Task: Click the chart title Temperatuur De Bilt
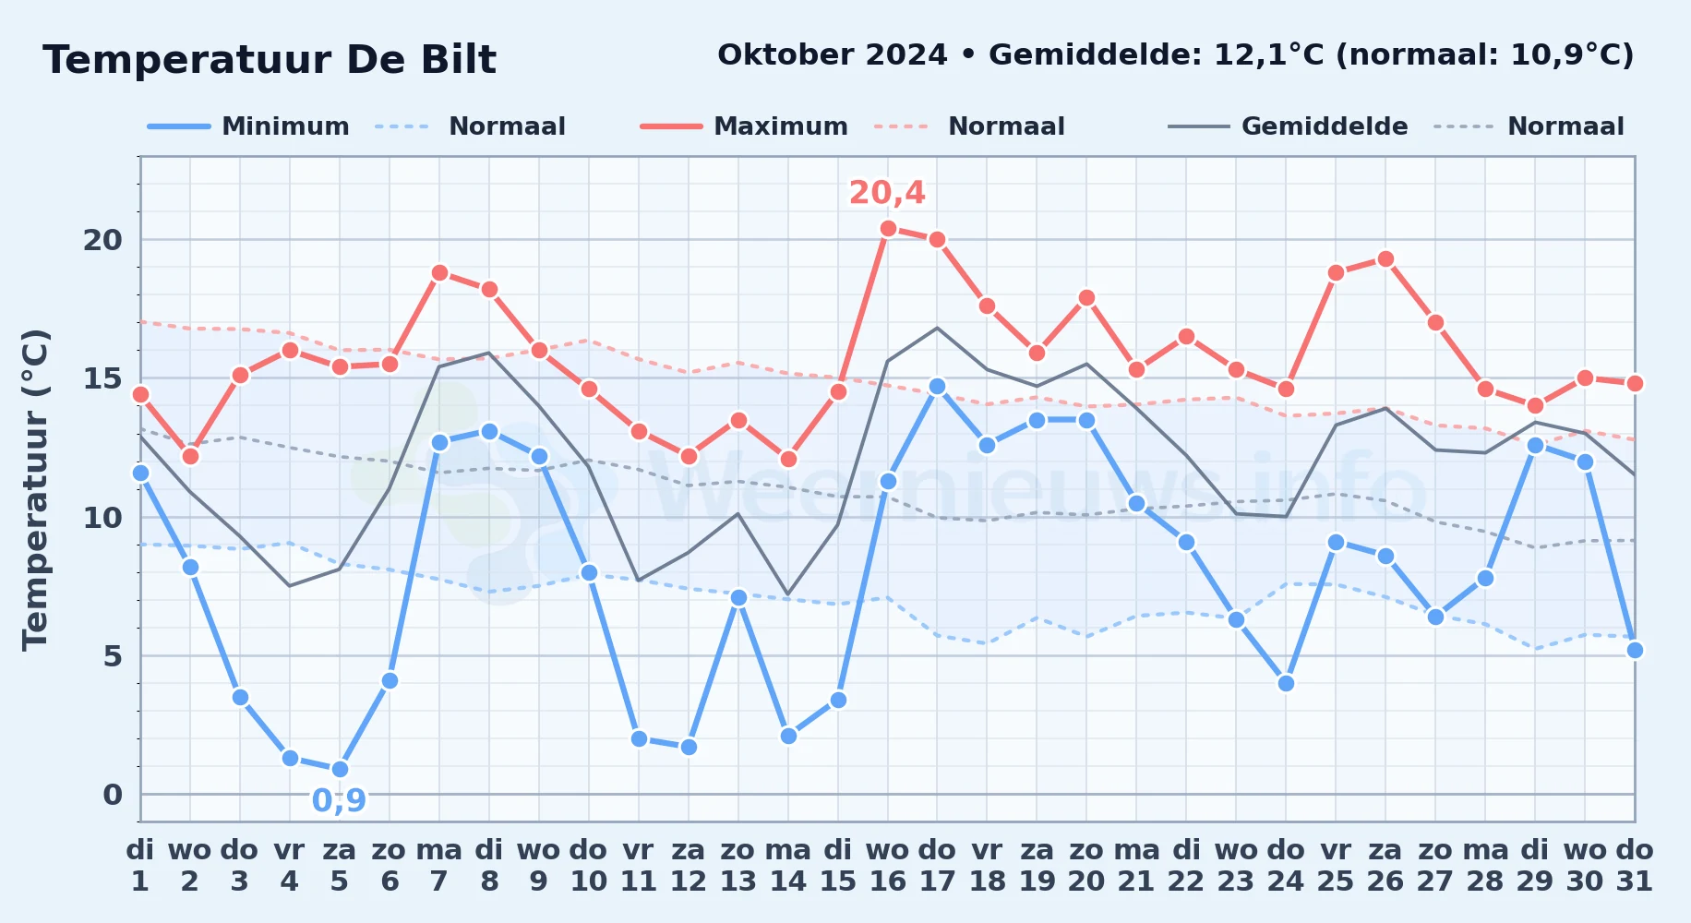click(x=270, y=60)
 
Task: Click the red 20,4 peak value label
click(x=887, y=193)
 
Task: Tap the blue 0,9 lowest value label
click(x=339, y=800)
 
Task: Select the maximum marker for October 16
click(x=888, y=229)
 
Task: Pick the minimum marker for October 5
click(x=340, y=769)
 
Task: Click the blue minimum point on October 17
click(x=937, y=387)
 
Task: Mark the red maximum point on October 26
click(x=1385, y=259)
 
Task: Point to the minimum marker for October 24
click(x=1286, y=683)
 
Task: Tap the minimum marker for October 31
click(x=1635, y=650)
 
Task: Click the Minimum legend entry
click(x=248, y=126)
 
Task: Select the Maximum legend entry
click(x=744, y=126)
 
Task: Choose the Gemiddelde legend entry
click(x=1289, y=126)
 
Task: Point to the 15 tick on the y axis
click(x=102, y=378)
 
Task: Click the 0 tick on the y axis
click(x=113, y=795)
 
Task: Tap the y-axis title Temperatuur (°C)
click(x=35, y=490)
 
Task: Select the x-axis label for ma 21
click(x=1136, y=866)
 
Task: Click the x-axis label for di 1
click(x=140, y=866)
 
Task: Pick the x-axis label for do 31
click(x=1635, y=866)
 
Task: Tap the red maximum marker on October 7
click(x=439, y=273)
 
